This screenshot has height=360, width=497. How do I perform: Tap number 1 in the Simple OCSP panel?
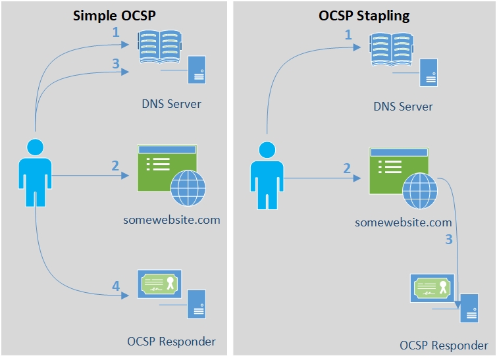(x=115, y=32)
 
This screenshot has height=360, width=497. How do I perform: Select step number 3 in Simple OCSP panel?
(x=115, y=64)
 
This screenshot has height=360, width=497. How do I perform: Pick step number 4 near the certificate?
(x=116, y=286)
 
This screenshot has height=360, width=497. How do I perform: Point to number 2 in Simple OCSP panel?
(x=115, y=166)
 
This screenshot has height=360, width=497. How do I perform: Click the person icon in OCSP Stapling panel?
(x=267, y=174)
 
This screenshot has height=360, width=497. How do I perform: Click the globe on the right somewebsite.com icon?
(x=419, y=191)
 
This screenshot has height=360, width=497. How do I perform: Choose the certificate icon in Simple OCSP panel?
(x=159, y=285)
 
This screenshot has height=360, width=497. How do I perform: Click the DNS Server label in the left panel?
(x=171, y=103)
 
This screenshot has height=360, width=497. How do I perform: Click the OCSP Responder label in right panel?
(x=444, y=346)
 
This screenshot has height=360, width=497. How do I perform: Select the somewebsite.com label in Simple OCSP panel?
(x=171, y=219)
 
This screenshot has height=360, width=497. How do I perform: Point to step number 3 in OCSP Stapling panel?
(x=449, y=240)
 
